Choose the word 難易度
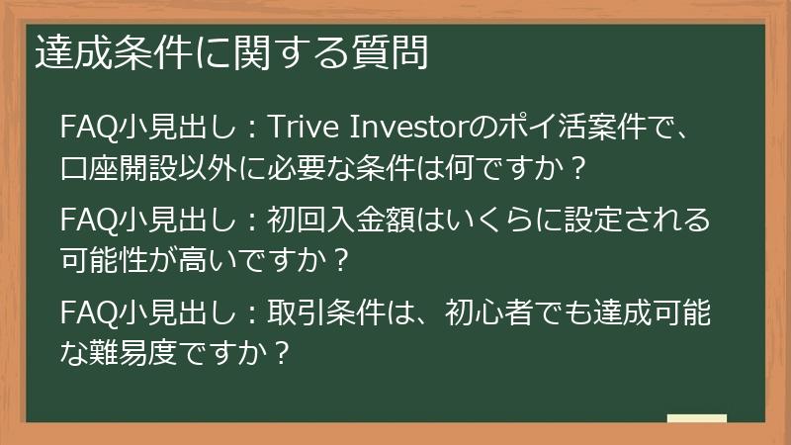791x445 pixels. [133, 353]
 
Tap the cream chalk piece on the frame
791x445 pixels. [696, 419]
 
